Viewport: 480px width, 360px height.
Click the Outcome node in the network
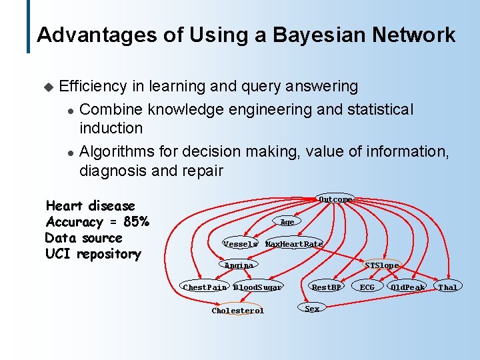(335, 199)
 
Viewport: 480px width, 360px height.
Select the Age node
(287, 222)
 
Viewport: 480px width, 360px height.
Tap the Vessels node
(240, 244)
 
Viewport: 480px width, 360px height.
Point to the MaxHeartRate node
(294, 244)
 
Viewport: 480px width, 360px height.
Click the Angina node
(239, 265)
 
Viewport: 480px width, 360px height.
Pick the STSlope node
(382, 265)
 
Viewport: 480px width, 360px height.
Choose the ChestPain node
(205, 287)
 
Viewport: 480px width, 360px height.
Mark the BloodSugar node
(257, 287)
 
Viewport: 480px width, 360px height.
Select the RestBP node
(327, 287)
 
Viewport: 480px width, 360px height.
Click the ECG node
(367, 287)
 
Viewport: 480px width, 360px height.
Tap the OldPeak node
(408, 287)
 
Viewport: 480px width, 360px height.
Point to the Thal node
(448, 287)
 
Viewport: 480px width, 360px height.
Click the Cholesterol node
(238, 311)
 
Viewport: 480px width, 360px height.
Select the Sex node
(312, 309)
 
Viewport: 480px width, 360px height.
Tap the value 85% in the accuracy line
(136, 222)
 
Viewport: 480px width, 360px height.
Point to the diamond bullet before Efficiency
(47, 87)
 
